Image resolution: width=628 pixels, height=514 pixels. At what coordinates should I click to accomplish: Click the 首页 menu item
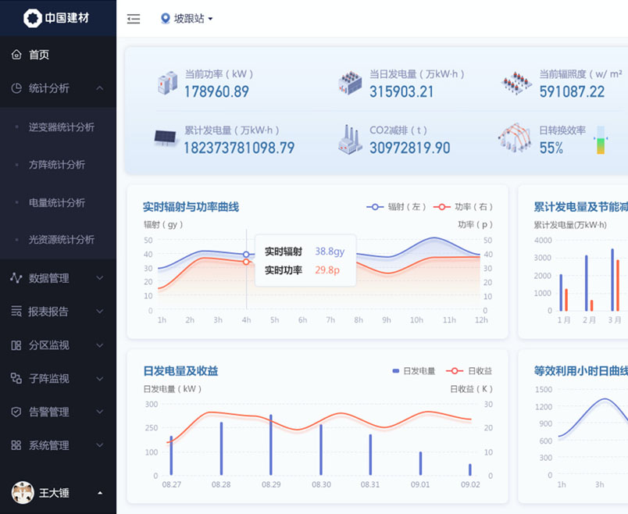pyautogui.click(x=39, y=55)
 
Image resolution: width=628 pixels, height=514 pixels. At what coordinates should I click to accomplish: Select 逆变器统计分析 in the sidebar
pyautogui.click(x=62, y=127)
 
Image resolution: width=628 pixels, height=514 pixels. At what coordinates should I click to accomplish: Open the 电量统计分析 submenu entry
pyautogui.click(x=57, y=202)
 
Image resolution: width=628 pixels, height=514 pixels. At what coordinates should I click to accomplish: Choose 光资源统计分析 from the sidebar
pyautogui.click(x=62, y=240)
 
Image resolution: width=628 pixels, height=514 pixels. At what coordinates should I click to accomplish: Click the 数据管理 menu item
pyautogui.click(x=48, y=278)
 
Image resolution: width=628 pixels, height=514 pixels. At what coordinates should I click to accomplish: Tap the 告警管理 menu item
pyautogui.click(x=48, y=412)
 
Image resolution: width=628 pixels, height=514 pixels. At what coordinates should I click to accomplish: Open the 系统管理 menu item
pyautogui.click(x=48, y=445)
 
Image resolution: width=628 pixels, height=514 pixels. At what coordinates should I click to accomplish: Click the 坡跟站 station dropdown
pyautogui.click(x=187, y=19)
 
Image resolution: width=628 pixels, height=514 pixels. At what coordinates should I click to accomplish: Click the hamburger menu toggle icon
pyautogui.click(x=134, y=19)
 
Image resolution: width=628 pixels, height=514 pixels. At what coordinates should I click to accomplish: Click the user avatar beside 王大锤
pyautogui.click(x=23, y=492)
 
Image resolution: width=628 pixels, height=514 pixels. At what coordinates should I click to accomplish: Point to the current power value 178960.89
pyautogui.click(x=216, y=91)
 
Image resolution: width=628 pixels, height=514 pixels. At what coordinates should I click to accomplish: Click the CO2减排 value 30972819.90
pyautogui.click(x=409, y=148)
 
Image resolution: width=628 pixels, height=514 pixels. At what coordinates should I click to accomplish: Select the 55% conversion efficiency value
pyautogui.click(x=551, y=148)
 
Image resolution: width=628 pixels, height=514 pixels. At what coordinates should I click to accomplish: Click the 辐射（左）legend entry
pyautogui.click(x=397, y=207)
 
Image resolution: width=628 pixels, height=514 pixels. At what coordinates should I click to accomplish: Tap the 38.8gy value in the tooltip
pyautogui.click(x=330, y=252)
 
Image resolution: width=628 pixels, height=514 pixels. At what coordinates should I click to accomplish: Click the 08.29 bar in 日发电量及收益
pyautogui.click(x=271, y=444)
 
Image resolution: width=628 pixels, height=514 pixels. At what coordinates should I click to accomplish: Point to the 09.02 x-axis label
pyautogui.click(x=470, y=484)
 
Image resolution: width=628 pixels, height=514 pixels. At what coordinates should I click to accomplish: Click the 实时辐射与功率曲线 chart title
pyautogui.click(x=191, y=207)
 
